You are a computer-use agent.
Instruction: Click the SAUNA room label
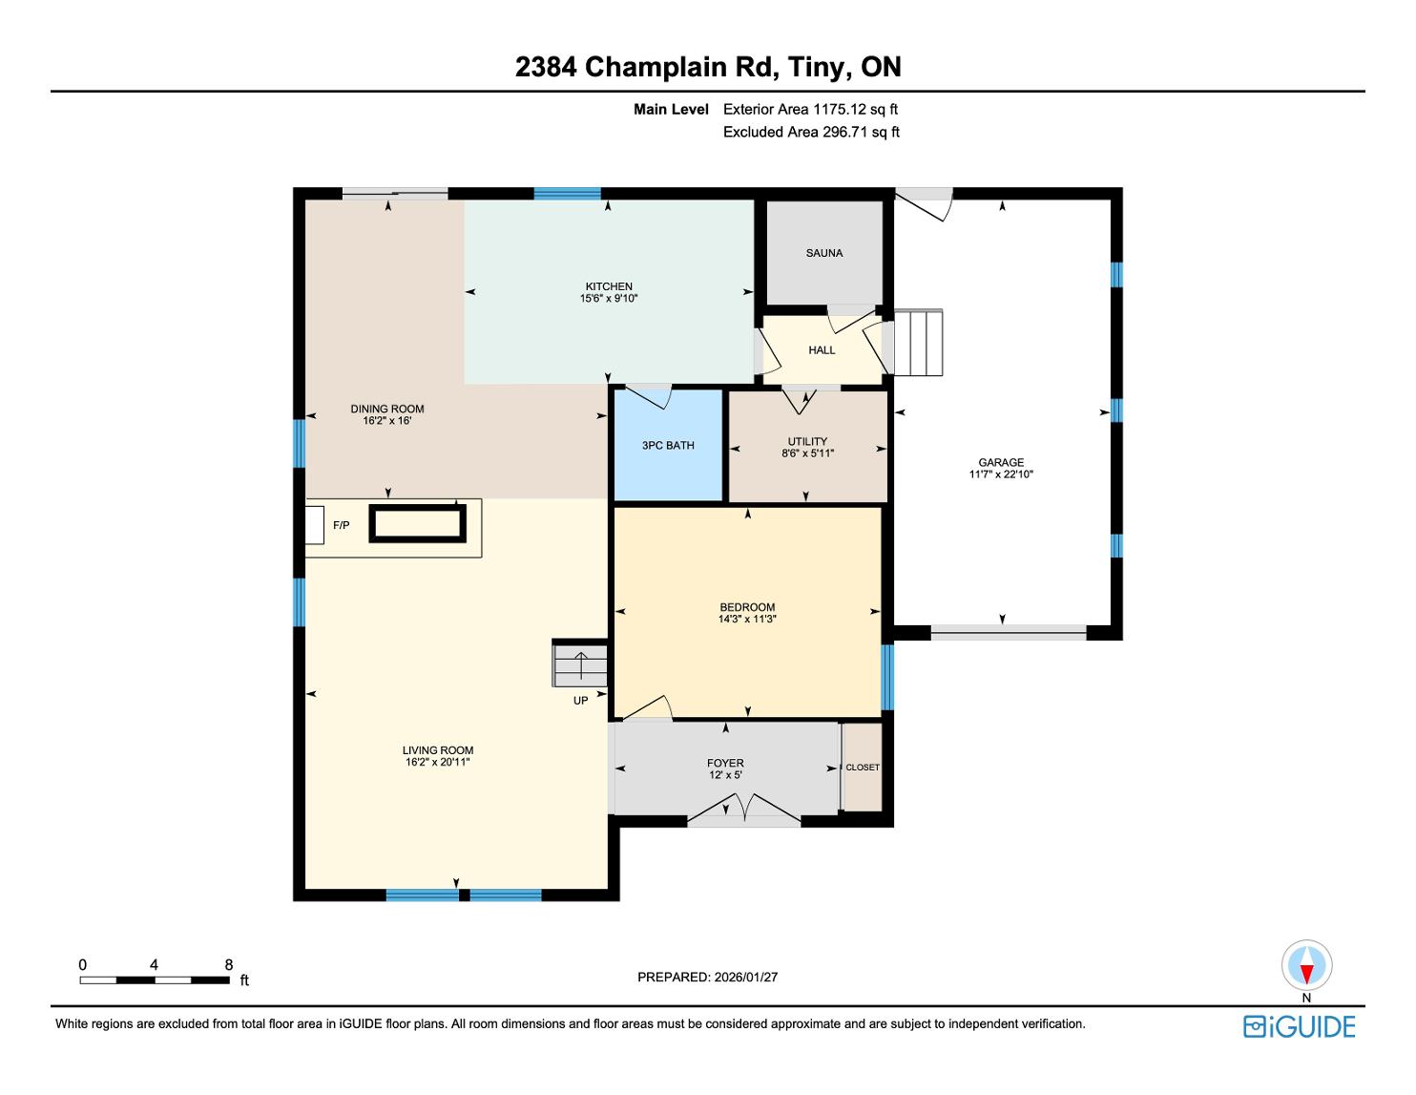(x=823, y=253)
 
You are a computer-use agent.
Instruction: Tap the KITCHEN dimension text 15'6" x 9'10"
(x=609, y=299)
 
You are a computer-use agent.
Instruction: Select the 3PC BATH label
(x=668, y=445)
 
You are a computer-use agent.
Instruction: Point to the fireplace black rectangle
(x=418, y=523)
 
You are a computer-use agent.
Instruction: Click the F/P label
(x=341, y=525)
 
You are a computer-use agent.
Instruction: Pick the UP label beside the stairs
(x=580, y=701)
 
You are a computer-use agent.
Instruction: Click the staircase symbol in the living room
(x=580, y=663)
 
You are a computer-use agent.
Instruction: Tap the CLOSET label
(x=863, y=768)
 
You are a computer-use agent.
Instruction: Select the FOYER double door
(x=743, y=809)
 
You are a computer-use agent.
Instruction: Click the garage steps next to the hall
(x=918, y=343)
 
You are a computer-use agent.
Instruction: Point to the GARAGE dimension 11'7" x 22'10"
(x=1001, y=474)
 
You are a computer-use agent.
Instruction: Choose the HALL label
(x=822, y=350)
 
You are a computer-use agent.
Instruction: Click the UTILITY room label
(x=807, y=441)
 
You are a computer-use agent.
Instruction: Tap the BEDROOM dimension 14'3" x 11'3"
(x=747, y=620)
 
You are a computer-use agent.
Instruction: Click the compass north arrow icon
(x=1306, y=965)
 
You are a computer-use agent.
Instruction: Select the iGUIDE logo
(x=1299, y=1027)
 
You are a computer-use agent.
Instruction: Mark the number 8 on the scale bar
(x=229, y=964)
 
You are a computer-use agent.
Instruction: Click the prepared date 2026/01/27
(x=746, y=977)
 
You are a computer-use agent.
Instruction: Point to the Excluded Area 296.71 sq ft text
(x=811, y=132)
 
